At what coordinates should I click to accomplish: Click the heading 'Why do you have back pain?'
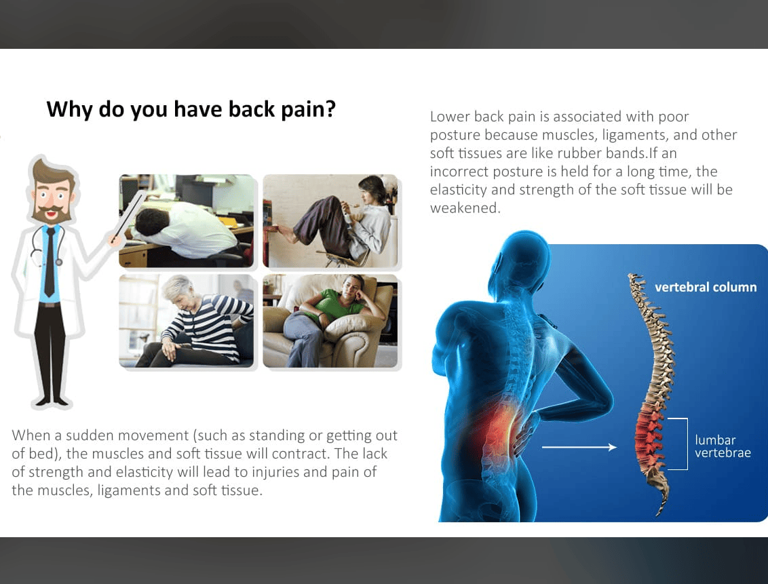pyautogui.click(x=191, y=109)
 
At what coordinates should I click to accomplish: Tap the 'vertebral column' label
pyautogui.click(x=706, y=287)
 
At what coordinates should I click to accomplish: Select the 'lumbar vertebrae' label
pyautogui.click(x=723, y=446)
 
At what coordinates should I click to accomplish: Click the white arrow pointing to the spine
pyautogui.click(x=579, y=447)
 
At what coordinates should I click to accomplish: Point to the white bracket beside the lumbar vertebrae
pyautogui.click(x=687, y=444)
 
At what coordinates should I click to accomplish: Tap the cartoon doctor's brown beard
pyautogui.click(x=50, y=214)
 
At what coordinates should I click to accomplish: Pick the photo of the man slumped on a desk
pyautogui.click(x=187, y=220)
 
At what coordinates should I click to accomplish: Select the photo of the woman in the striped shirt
pyautogui.click(x=187, y=321)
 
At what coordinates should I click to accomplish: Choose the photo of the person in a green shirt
pyautogui.click(x=330, y=321)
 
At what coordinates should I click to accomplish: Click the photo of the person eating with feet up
pyautogui.click(x=330, y=220)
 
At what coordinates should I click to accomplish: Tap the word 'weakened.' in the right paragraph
pyautogui.click(x=465, y=208)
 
